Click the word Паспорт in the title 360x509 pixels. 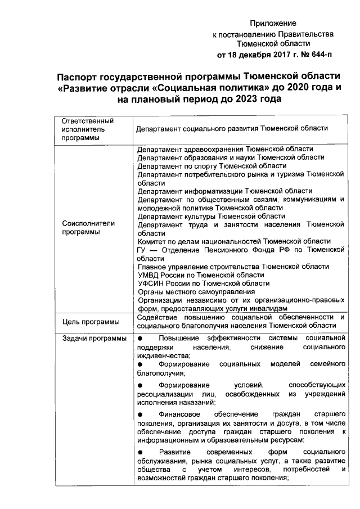tap(86, 76)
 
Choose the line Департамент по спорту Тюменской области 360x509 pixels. tap(212, 166)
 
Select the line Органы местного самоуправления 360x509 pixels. tap(196, 291)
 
